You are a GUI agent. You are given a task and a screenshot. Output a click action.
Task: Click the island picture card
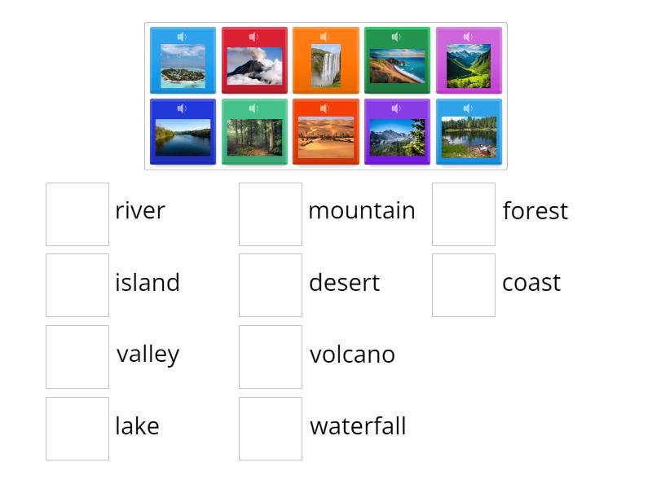pyautogui.click(x=183, y=65)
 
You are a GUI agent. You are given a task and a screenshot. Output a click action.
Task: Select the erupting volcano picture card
pyautogui.click(x=254, y=65)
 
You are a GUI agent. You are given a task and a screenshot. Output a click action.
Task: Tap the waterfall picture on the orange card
pyautogui.click(x=325, y=65)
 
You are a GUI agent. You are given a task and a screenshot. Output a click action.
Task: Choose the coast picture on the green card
pyautogui.click(x=397, y=65)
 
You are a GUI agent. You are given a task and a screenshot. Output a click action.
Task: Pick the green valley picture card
pyautogui.click(x=469, y=65)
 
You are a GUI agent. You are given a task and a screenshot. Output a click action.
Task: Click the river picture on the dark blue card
pyautogui.click(x=183, y=137)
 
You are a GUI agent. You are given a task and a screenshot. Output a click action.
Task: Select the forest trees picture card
pyautogui.click(x=254, y=137)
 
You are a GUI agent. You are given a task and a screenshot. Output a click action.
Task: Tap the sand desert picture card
pyautogui.click(x=325, y=137)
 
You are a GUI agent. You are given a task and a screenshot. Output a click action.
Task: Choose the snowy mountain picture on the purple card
pyautogui.click(x=397, y=137)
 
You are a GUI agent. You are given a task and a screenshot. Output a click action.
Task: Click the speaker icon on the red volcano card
pyautogui.click(x=253, y=37)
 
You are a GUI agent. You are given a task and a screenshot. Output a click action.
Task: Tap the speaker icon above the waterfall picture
pyautogui.click(x=324, y=37)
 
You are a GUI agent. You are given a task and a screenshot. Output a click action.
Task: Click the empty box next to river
pyautogui.click(x=77, y=214)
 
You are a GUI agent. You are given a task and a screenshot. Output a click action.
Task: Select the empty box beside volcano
pyautogui.click(x=271, y=357)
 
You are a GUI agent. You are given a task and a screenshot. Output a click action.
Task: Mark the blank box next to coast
pyautogui.click(x=464, y=285)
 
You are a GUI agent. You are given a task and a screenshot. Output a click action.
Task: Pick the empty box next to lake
pyautogui.click(x=77, y=429)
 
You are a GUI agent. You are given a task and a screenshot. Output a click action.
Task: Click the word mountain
pyautogui.click(x=361, y=211)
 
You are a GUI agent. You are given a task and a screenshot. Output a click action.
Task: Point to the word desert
pyautogui.click(x=344, y=283)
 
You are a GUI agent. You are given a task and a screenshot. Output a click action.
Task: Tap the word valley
pyautogui.click(x=148, y=355)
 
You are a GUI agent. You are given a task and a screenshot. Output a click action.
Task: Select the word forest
pyautogui.click(x=535, y=211)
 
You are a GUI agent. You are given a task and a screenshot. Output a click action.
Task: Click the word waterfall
pyautogui.click(x=358, y=426)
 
